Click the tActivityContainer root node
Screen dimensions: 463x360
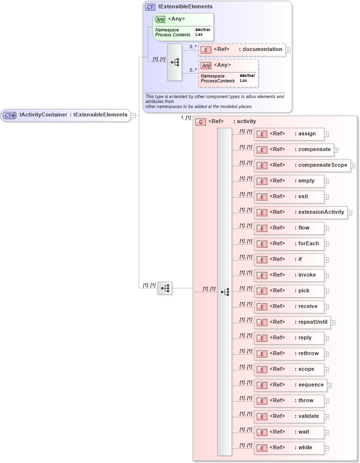click(66, 115)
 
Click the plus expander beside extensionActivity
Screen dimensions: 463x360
click(350, 213)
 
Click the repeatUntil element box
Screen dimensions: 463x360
click(291, 322)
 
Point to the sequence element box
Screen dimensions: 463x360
click(290, 385)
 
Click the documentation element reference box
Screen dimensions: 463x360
click(241, 50)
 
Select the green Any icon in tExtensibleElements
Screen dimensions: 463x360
click(160, 20)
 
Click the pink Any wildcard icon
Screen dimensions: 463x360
click(206, 65)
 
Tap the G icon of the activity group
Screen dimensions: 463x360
click(200, 122)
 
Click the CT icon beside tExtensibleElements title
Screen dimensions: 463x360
click(150, 7)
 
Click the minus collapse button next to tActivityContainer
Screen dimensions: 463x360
click(133, 115)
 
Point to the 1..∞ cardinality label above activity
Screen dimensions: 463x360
click(185, 118)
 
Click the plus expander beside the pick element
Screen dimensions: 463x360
click(327, 291)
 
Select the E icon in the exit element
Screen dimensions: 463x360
click(262, 197)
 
